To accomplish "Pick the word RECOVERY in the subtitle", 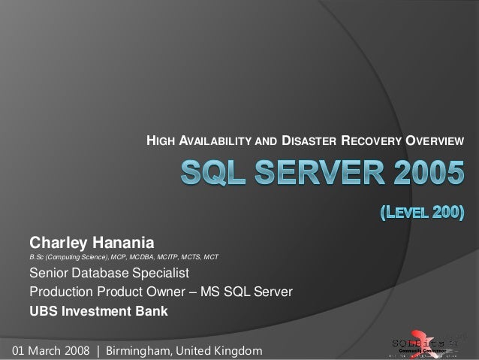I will point(372,141).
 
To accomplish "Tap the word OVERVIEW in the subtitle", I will point(435,141).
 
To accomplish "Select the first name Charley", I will point(59,243).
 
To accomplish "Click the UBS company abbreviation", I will point(43,310).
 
